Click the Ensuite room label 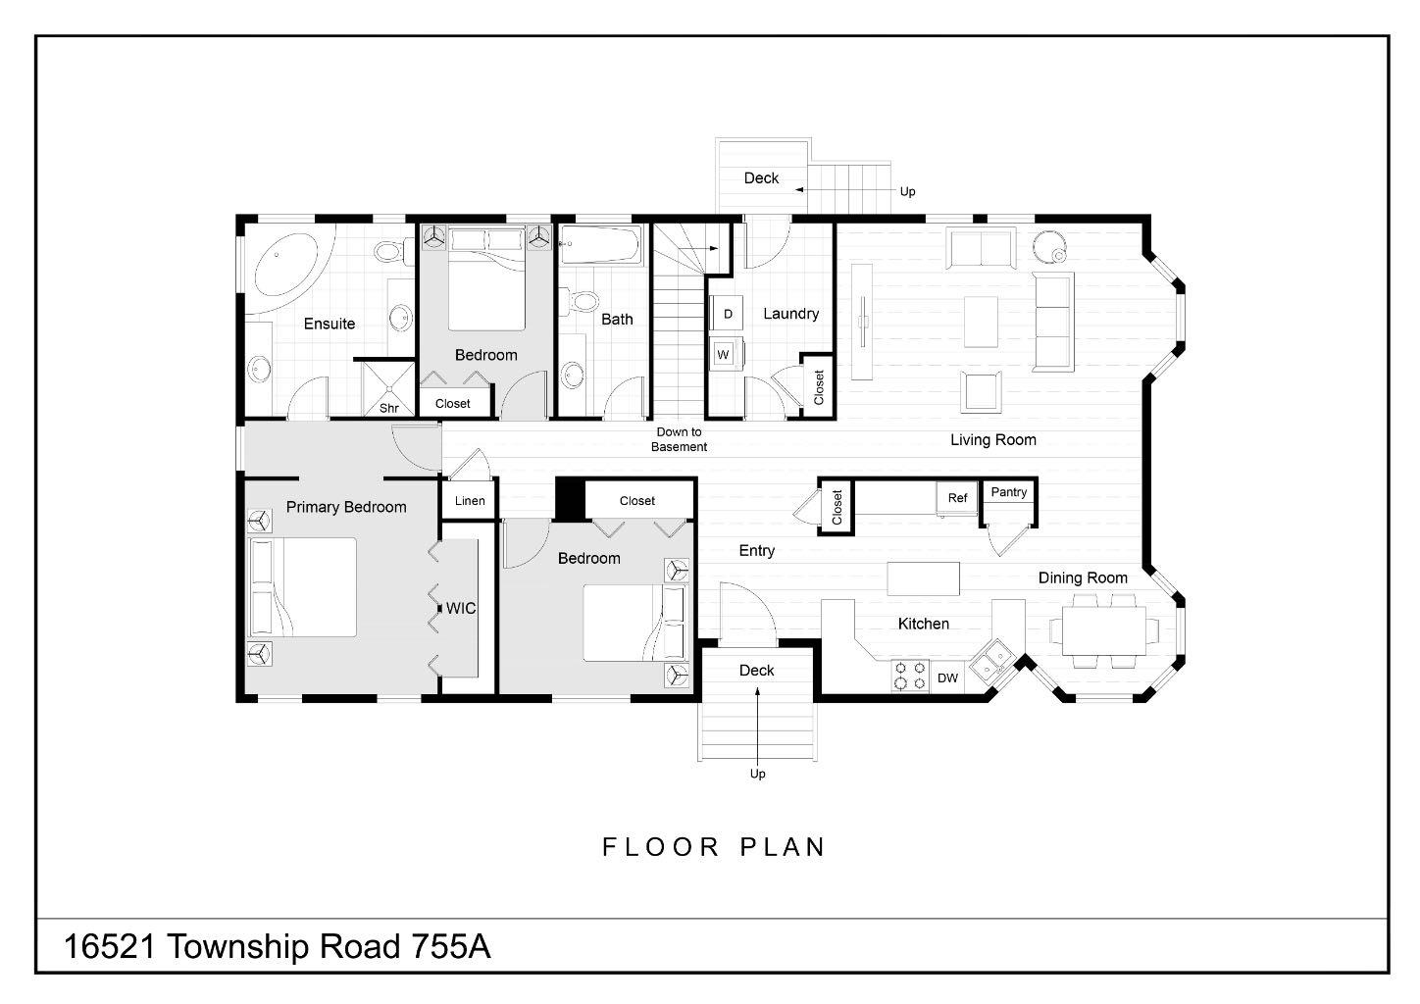[329, 324]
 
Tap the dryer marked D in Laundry [728, 314]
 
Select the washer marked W [723, 354]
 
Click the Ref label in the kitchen [957, 498]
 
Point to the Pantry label [1009, 492]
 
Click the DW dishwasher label [947, 678]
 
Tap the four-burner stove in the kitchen [909, 677]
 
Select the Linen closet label [470, 501]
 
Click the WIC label [461, 608]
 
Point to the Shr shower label [388, 408]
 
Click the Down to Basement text [679, 439]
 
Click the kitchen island [923, 578]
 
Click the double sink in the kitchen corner [993, 656]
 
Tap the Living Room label [992, 440]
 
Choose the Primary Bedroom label [346, 507]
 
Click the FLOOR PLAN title [714, 846]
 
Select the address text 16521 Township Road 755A [278, 947]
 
